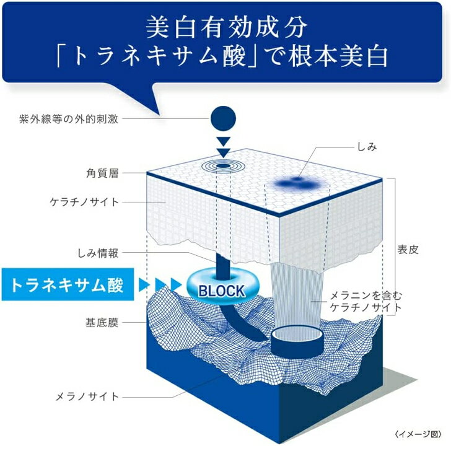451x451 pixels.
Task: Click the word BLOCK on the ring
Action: coord(222,291)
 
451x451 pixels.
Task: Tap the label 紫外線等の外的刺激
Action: coord(69,119)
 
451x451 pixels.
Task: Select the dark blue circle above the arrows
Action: coord(223,119)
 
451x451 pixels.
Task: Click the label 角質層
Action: coord(102,173)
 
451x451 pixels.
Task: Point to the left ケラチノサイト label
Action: coord(84,202)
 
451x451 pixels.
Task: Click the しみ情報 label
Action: coord(98,253)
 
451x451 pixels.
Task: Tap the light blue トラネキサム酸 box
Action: coord(68,284)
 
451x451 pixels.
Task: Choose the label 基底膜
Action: coord(102,322)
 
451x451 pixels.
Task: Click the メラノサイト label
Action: coord(87,396)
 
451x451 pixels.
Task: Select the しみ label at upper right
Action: coord(367,147)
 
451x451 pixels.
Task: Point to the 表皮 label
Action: coord(408,250)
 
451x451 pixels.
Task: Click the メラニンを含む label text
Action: coord(366,296)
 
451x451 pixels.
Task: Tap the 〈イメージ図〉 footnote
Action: coord(418,434)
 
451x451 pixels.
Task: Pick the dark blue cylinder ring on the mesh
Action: coord(297,342)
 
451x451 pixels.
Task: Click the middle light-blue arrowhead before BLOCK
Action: coord(161,284)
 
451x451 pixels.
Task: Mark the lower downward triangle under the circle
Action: coord(223,152)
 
